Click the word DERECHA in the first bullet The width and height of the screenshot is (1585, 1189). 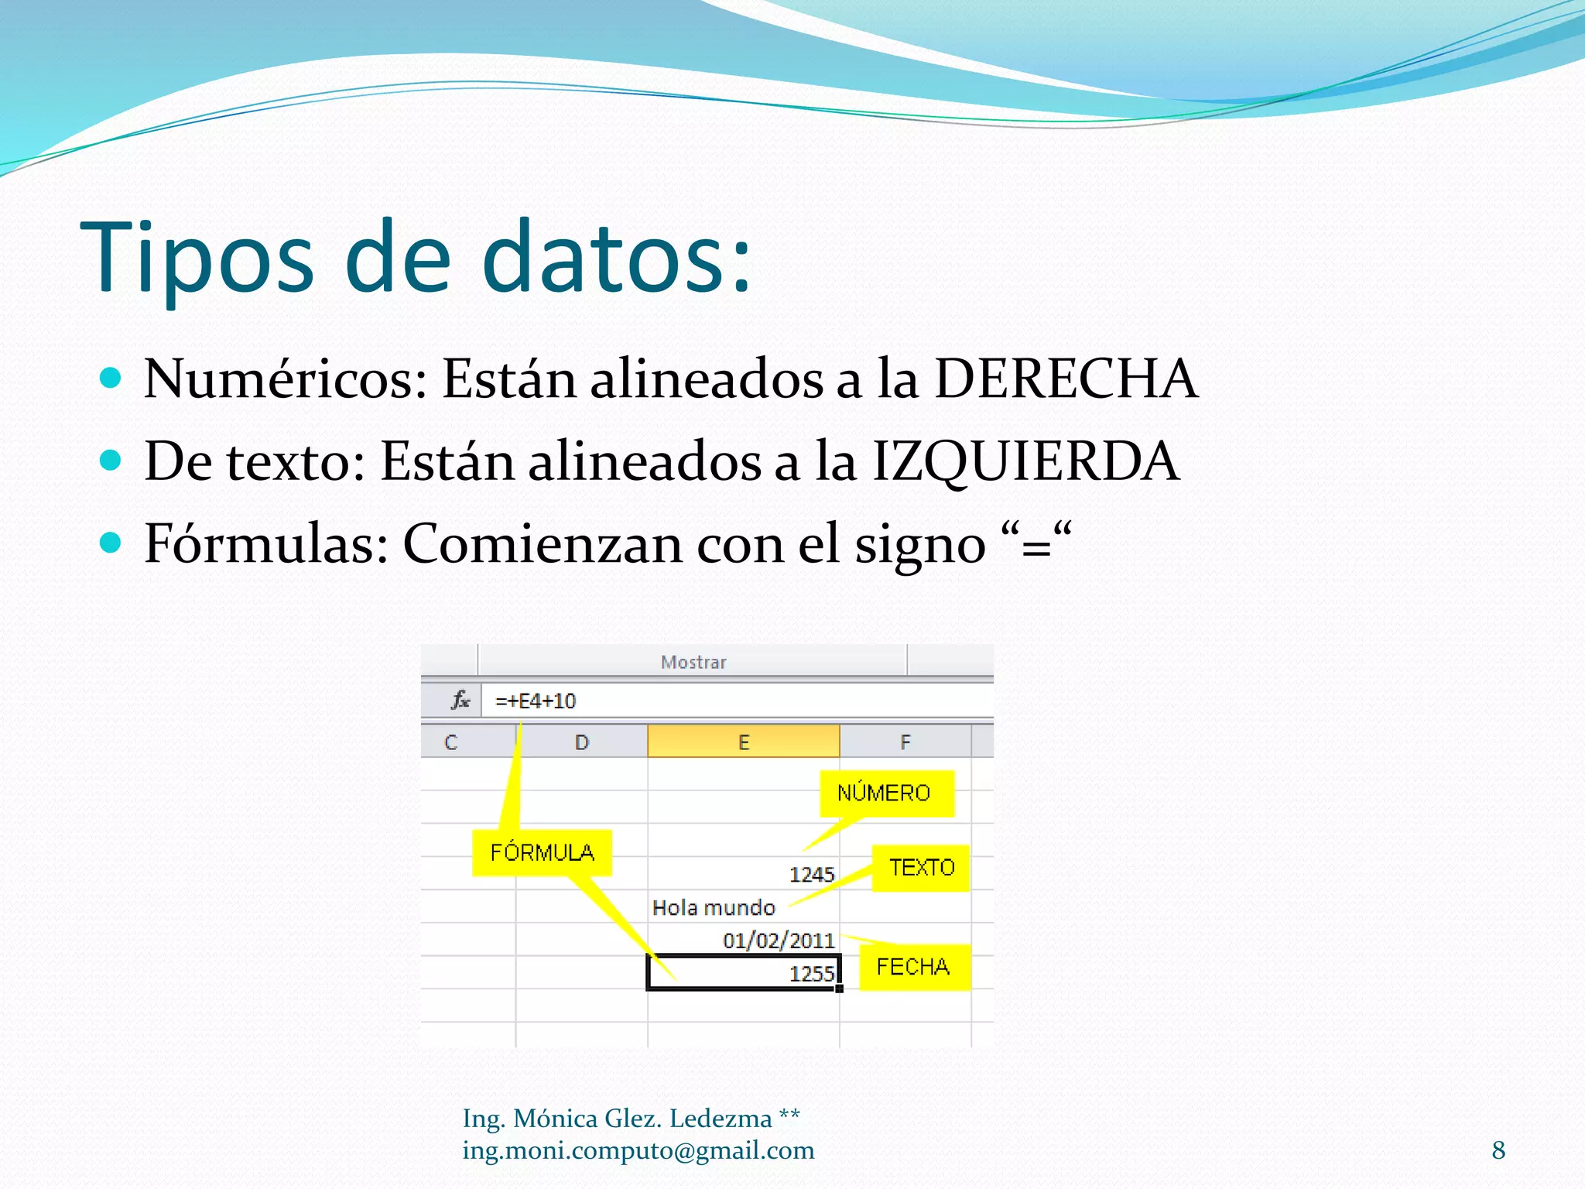pyautogui.click(x=1066, y=379)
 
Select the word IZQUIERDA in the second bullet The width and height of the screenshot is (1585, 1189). pyautogui.click(x=1025, y=461)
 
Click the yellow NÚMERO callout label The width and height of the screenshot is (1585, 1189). pyautogui.click(x=886, y=793)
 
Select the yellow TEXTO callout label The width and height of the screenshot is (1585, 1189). pyautogui.click(x=921, y=868)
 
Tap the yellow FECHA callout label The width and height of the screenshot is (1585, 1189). pyautogui.click(x=913, y=967)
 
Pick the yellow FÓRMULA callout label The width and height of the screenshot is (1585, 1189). pyautogui.click(x=542, y=853)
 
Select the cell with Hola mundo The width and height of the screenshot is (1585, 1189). pyautogui.click(x=714, y=907)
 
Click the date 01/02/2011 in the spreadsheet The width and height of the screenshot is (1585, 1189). pyautogui.click(x=779, y=941)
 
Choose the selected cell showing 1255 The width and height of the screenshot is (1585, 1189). pyautogui.click(x=743, y=973)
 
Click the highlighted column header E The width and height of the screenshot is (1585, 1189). pyautogui.click(x=743, y=742)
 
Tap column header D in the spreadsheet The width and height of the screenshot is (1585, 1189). pyautogui.click(x=582, y=742)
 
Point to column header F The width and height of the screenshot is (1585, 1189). pyautogui.click(x=905, y=742)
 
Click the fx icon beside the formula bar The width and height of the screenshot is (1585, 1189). pyautogui.click(x=460, y=701)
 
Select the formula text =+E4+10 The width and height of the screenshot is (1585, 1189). pyautogui.click(x=536, y=701)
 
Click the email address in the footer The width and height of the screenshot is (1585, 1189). pyautogui.click(x=638, y=1151)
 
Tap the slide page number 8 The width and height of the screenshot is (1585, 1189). pyautogui.click(x=1498, y=1150)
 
